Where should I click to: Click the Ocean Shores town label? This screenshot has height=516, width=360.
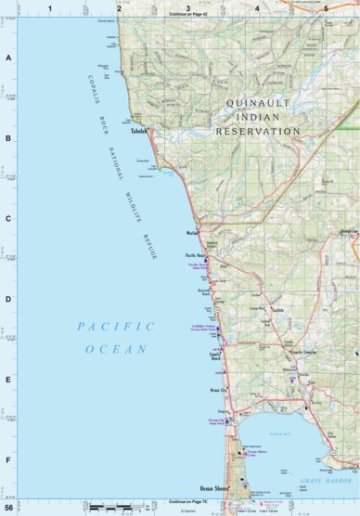coord(214,488)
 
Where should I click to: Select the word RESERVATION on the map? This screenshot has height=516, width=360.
coord(259,131)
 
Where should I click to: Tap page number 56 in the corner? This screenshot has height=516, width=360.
coord(9,508)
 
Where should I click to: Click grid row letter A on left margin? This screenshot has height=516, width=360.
coord(9,58)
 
